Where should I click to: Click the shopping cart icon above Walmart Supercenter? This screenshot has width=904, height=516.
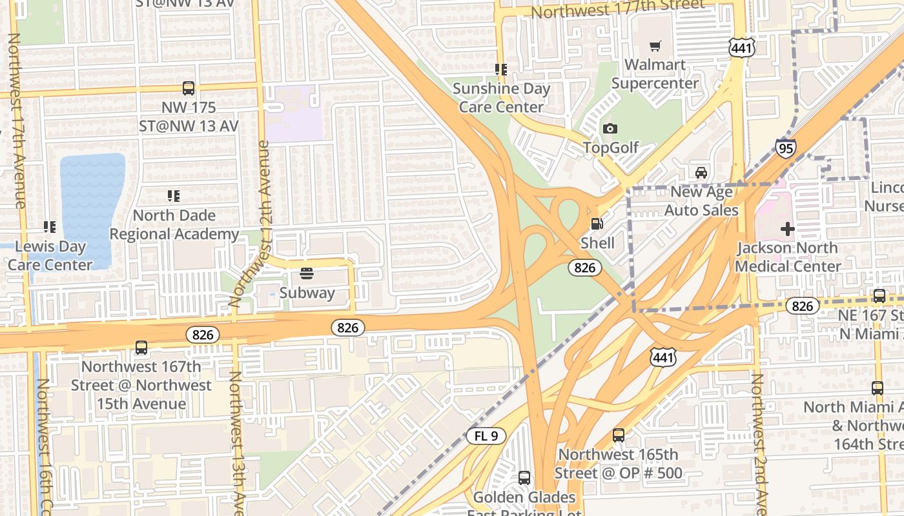pyautogui.click(x=655, y=46)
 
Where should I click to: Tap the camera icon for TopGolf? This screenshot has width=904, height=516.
pyautogui.click(x=610, y=129)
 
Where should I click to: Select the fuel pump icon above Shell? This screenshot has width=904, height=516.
pyautogui.click(x=597, y=224)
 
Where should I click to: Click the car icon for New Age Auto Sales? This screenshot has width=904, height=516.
pyautogui.click(x=701, y=173)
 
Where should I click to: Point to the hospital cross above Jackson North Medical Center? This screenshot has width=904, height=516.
pyautogui.click(x=788, y=229)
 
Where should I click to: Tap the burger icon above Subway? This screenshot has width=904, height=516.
pyautogui.click(x=307, y=273)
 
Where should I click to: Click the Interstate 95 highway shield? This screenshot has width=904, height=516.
pyautogui.click(x=786, y=148)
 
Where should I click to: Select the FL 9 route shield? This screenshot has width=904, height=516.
pyautogui.click(x=486, y=436)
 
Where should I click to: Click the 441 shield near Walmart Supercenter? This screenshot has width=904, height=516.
pyautogui.click(x=739, y=46)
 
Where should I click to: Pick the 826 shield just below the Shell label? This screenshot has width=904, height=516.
pyautogui.click(x=585, y=267)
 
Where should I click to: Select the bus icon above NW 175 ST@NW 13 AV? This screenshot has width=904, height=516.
pyautogui.click(x=189, y=88)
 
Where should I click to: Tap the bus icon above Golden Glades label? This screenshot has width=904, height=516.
pyautogui.click(x=524, y=478)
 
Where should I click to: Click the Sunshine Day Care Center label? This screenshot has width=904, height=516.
pyautogui.click(x=501, y=97)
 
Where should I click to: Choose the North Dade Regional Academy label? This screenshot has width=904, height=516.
pyautogui.click(x=174, y=224)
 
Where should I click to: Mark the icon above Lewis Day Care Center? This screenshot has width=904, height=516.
pyautogui.click(x=49, y=227)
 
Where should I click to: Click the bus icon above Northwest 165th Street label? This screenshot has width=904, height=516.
pyautogui.click(x=619, y=435)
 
